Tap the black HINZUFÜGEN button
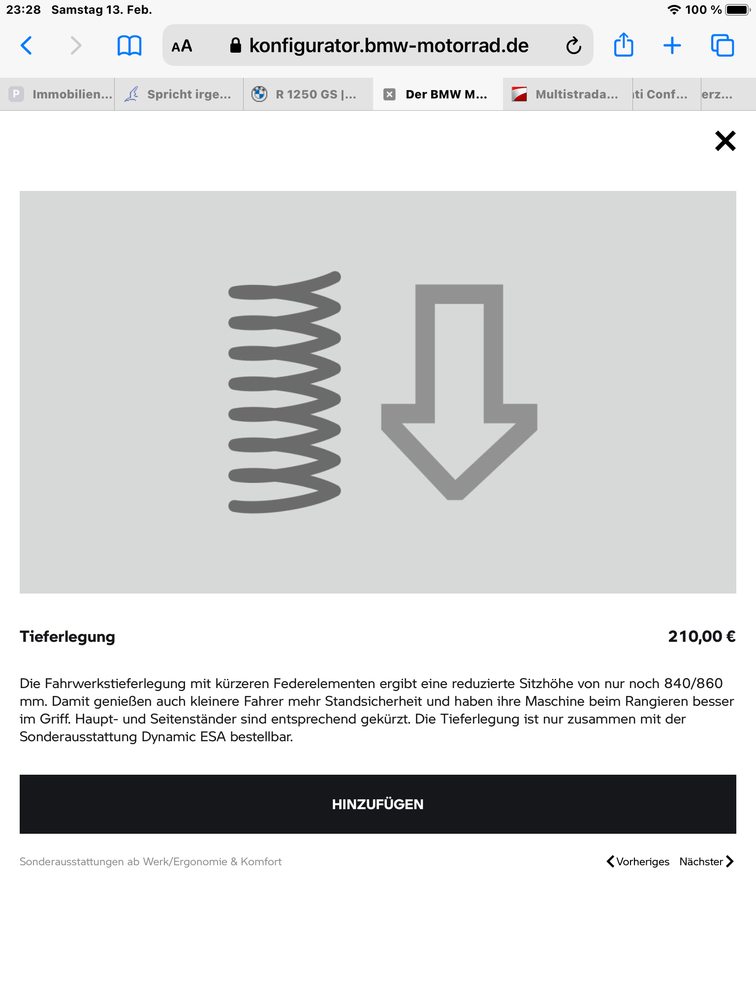[378, 804]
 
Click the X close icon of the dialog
[725, 141]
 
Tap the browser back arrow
[27, 46]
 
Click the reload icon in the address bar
[573, 46]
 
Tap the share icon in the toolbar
[623, 45]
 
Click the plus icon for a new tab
[672, 46]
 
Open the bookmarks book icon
[129, 46]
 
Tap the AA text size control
[182, 46]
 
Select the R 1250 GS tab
[308, 94]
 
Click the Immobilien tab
[62, 94]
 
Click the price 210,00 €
[701, 636]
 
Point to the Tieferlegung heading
[67, 636]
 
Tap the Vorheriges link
[638, 861]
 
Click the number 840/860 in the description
[693, 683]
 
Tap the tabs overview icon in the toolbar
[722, 46]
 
